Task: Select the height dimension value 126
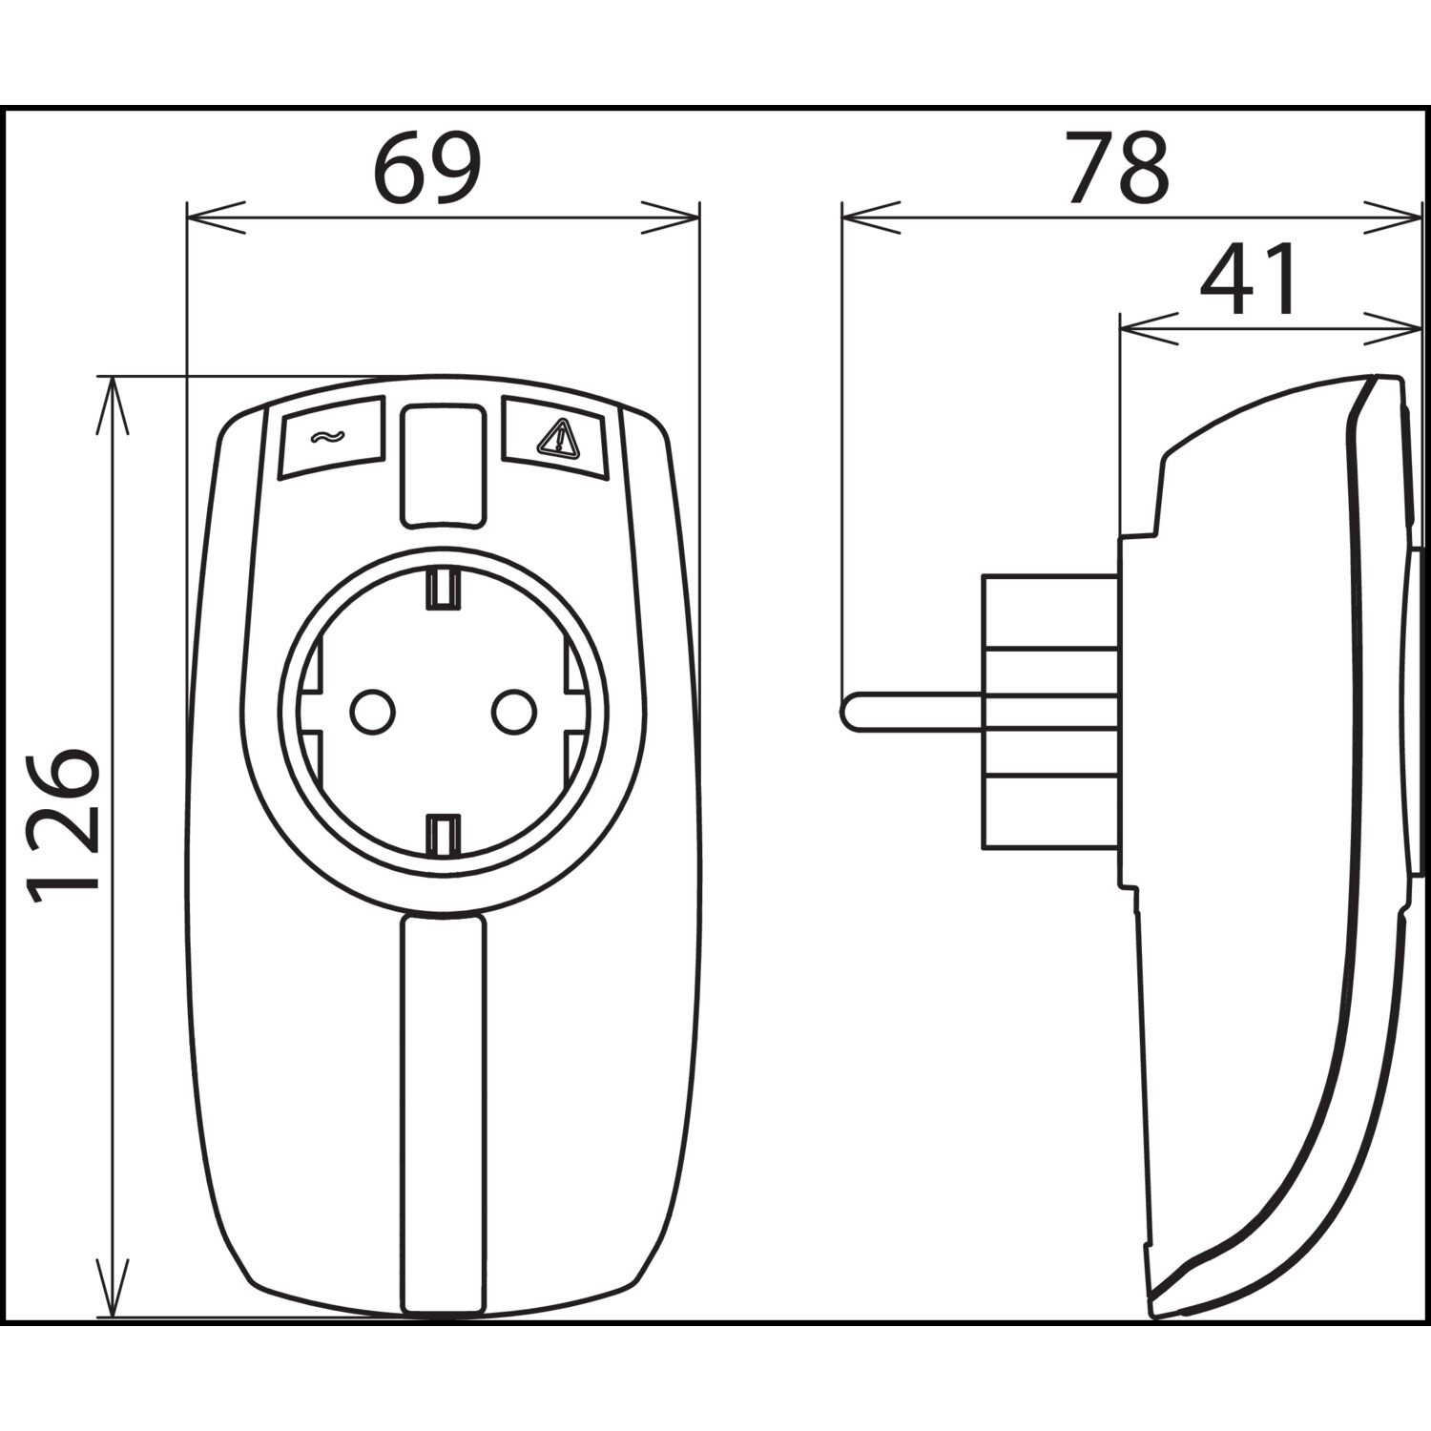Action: click(63, 826)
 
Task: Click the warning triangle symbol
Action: click(557, 438)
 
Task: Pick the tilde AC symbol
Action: click(325, 438)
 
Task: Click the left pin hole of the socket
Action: click(372, 711)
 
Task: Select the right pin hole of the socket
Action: click(513, 711)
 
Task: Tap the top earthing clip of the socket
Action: click(443, 587)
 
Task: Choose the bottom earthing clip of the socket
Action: click(443, 835)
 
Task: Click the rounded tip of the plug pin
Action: click(848, 712)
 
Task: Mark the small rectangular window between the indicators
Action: click(441, 465)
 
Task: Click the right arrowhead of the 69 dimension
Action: click(671, 217)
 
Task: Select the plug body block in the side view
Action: click(1050, 711)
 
